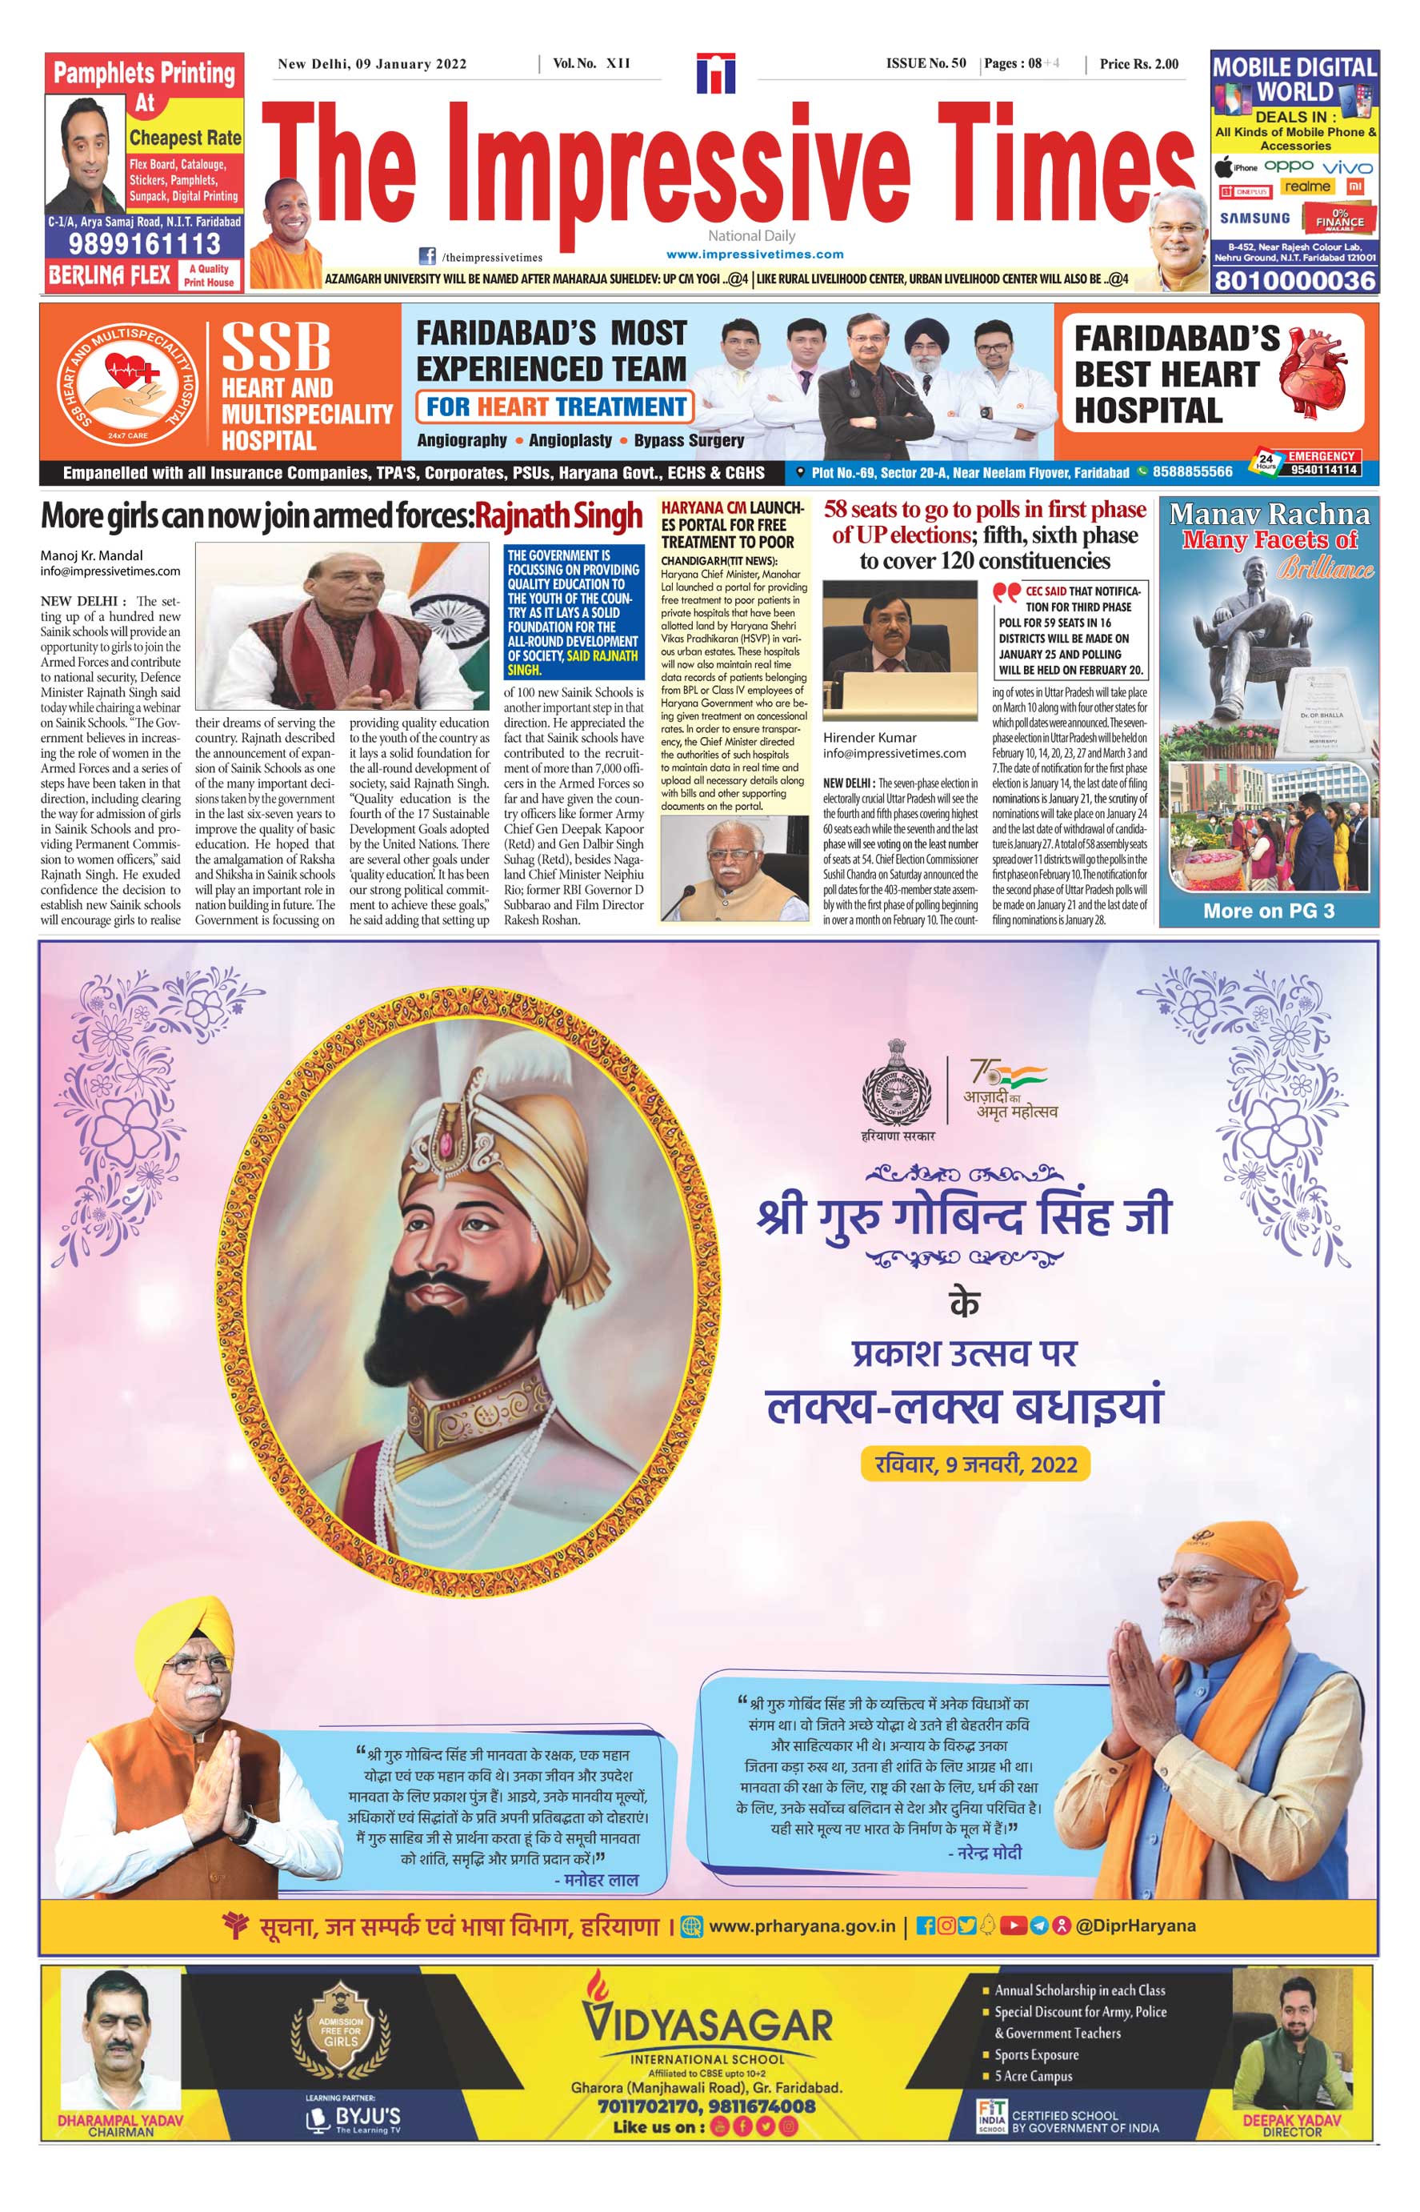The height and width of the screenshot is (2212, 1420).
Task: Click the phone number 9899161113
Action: click(144, 244)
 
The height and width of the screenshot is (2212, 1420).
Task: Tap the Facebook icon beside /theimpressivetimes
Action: click(427, 256)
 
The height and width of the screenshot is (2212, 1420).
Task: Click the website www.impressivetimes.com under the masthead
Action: click(754, 254)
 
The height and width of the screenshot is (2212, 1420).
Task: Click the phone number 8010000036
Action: click(1294, 280)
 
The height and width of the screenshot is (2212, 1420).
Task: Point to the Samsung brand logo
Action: click(1255, 218)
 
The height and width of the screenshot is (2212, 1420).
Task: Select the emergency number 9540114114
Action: click(1323, 470)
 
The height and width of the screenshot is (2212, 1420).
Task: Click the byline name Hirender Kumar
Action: click(870, 737)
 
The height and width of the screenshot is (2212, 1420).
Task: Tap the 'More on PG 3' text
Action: click(1268, 912)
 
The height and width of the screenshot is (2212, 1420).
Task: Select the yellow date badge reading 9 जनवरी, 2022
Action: click(974, 1464)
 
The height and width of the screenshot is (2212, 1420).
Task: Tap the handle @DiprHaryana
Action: click(1135, 1925)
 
